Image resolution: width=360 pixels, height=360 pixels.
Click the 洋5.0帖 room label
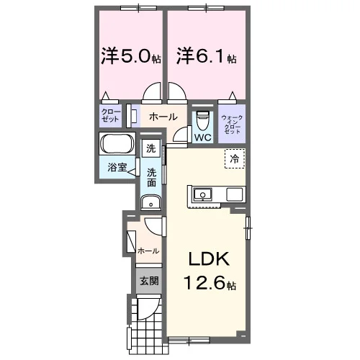pos(131,55)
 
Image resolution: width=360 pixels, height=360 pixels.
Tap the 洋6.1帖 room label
pos(207,55)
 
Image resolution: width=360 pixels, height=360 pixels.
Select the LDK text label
pos(209,258)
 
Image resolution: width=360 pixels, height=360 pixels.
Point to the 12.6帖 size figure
pos(210,282)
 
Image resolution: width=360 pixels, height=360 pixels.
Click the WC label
pos(203,138)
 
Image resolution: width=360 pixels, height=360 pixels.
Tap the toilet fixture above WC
pos(203,120)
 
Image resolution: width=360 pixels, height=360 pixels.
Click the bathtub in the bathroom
pos(117,143)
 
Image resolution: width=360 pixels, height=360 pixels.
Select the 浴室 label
pos(117,167)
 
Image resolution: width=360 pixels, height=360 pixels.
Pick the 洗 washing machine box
pos(151,148)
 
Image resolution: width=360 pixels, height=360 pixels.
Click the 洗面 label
pos(151,178)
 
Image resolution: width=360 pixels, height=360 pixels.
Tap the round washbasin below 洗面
pos(151,202)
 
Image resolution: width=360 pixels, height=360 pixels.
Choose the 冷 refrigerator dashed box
pos(235,158)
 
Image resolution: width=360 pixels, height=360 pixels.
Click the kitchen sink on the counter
pos(203,194)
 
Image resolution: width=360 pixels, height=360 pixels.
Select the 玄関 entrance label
pos(149,281)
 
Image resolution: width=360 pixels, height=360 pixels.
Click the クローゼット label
pos(110,115)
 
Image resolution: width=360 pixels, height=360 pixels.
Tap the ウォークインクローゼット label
pos(232,125)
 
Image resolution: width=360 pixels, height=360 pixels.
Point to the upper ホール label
pos(163,117)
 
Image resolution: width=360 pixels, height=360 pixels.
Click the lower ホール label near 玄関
pos(148,251)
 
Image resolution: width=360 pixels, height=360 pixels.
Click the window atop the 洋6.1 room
pos(207,9)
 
